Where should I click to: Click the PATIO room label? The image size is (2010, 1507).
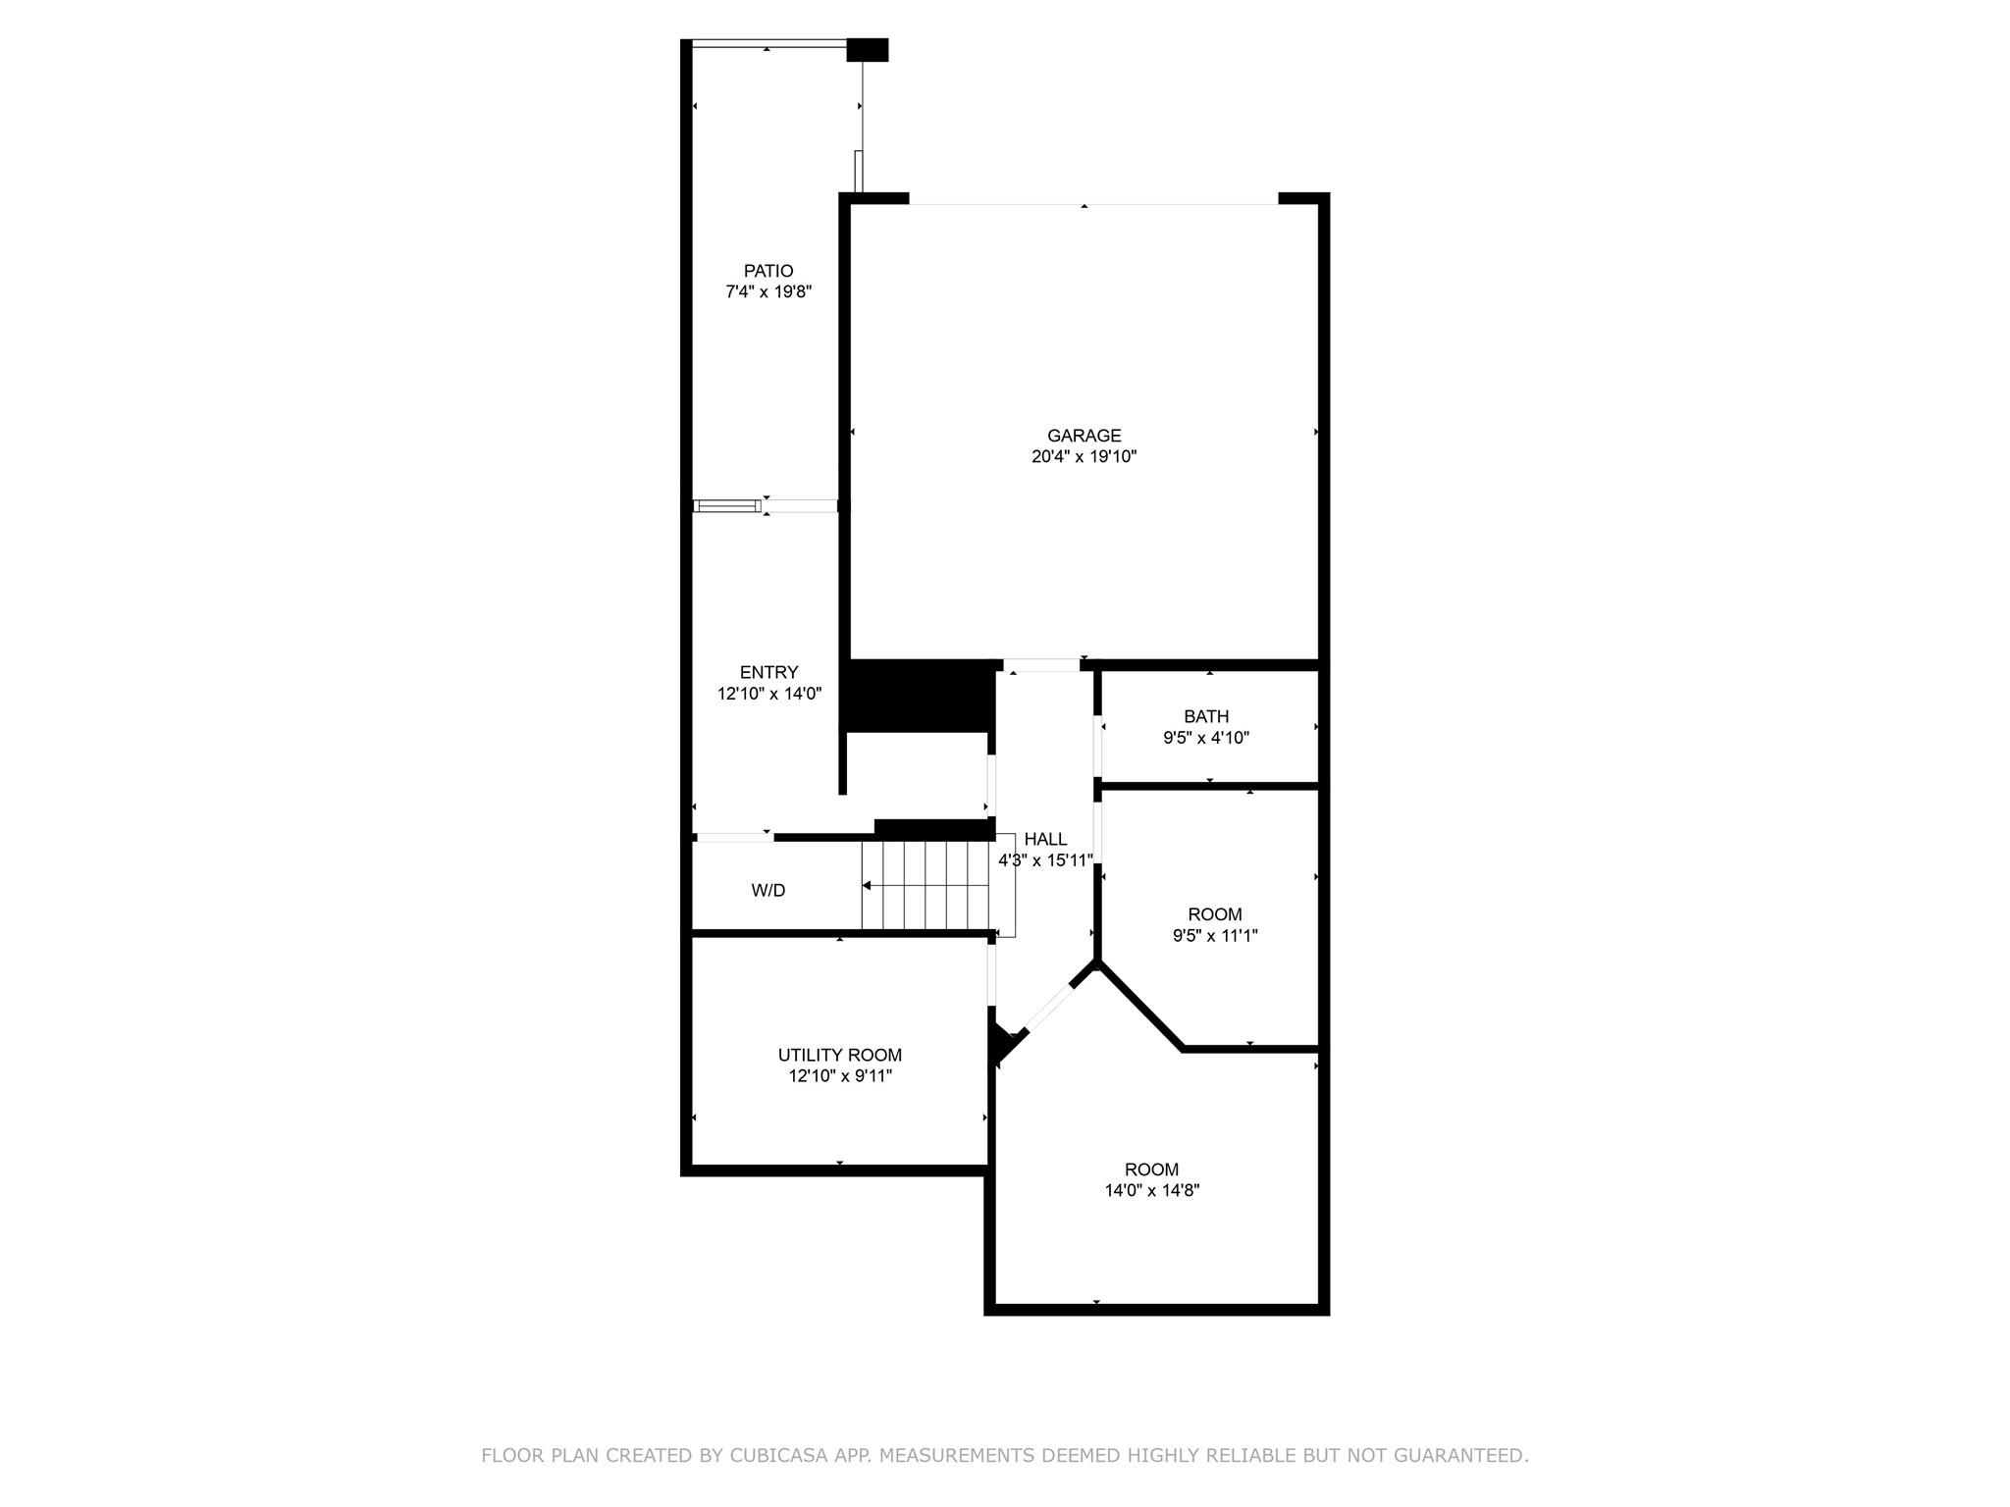point(767,271)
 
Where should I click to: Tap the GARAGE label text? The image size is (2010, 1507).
point(1084,436)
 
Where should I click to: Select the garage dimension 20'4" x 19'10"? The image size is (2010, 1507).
point(1084,456)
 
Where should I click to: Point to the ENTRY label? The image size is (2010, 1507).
point(768,672)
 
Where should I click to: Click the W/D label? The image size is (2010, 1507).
point(767,891)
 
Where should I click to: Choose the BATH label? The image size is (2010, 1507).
point(1205,716)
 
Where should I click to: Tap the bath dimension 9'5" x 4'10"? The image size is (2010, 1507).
point(1205,738)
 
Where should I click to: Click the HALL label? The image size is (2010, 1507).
point(1045,839)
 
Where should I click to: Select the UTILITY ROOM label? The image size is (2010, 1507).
point(839,1055)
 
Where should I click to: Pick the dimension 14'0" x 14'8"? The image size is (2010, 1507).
point(1151,1190)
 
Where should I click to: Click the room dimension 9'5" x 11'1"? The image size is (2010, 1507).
point(1215,936)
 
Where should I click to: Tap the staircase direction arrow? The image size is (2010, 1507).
point(868,886)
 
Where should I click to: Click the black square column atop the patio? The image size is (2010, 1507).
point(867,50)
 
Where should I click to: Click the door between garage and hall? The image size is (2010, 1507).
point(1040,666)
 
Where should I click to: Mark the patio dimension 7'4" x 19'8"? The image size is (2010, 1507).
point(767,291)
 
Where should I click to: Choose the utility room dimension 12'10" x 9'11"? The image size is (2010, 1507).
point(839,1076)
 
